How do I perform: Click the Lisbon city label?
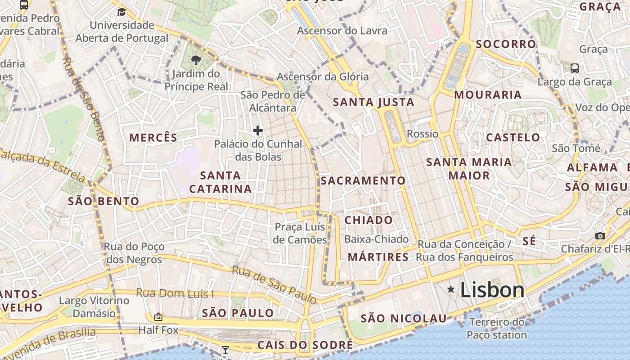[492, 290]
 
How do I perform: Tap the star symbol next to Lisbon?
[450, 290]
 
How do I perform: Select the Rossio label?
[422, 134]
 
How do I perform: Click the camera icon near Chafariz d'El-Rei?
[600, 236]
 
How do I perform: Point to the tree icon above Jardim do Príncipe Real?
[196, 60]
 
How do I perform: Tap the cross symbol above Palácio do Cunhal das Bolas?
[258, 130]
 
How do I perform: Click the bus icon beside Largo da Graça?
[575, 68]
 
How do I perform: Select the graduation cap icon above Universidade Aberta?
[121, 12]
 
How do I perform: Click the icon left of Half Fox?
[158, 317]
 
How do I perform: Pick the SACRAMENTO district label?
[363, 181]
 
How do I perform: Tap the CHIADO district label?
[369, 220]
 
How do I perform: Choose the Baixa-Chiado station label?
[376, 239]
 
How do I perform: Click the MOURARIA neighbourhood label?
[488, 95]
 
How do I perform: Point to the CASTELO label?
[513, 137]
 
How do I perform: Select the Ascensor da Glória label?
[323, 76]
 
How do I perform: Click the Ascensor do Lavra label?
[342, 31]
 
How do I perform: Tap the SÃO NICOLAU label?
[404, 319]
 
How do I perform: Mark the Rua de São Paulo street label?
[274, 284]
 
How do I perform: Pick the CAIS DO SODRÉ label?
[305, 345]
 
